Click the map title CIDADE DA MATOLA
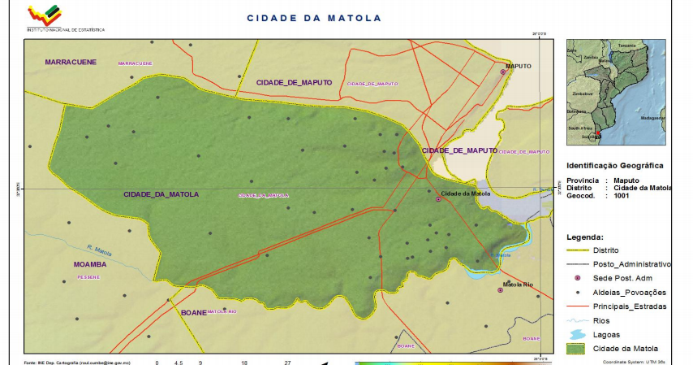pyautogui.click(x=313, y=17)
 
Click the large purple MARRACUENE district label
pyautogui.click(x=71, y=62)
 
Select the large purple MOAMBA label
pyautogui.click(x=89, y=265)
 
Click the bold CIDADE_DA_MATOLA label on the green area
pyautogui.click(x=161, y=195)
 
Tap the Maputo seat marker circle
pyautogui.click(x=503, y=72)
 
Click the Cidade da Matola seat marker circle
pyautogui.click(x=439, y=199)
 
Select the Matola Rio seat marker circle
pyautogui.click(x=500, y=290)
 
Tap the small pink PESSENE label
pyautogui.click(x=88, y=277)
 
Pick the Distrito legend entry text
pyautogui.click(x=606, y=250)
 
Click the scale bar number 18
pyautogui.click(x=243, y=362)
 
